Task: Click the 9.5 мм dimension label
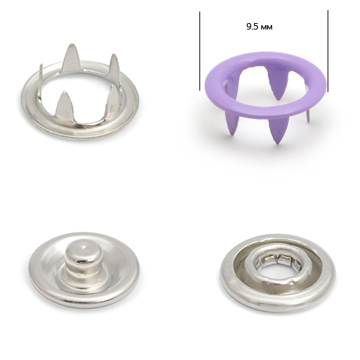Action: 259,27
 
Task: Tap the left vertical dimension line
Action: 199,51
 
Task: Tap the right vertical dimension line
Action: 328,51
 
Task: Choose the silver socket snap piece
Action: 277,273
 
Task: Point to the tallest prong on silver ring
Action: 71,59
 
